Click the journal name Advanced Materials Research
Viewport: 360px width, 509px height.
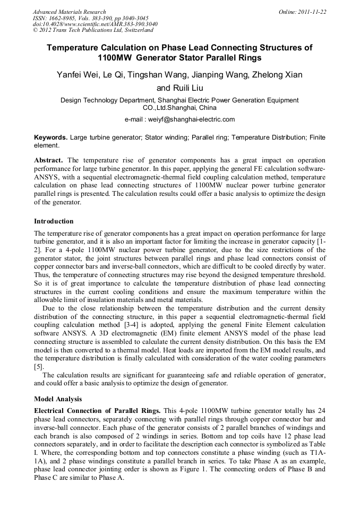point(69,12)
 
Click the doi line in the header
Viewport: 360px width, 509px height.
point(95,24)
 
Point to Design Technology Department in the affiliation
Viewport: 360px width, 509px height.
point(106,100)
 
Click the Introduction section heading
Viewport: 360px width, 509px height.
point(54,221)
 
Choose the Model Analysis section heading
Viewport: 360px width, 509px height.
point(58,398)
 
